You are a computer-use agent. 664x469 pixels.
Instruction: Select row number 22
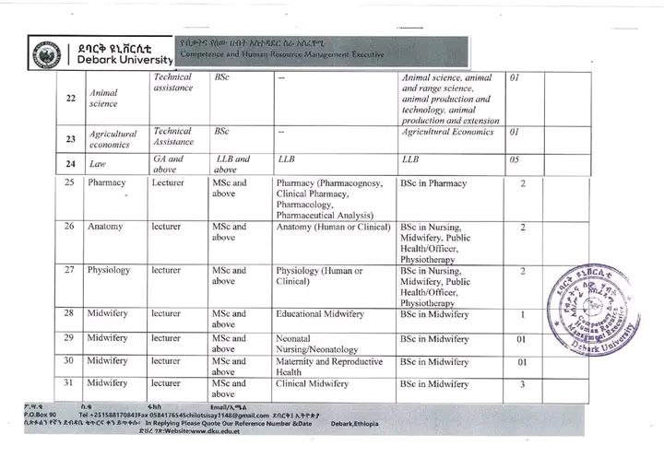pos(70,99)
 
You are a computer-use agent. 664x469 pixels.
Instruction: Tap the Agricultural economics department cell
pos(113,138)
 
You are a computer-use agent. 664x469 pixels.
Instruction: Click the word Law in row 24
pos(97,164)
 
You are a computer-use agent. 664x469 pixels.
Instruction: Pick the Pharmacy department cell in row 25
pos(107,183)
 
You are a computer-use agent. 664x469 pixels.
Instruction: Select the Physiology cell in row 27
pos(110,271)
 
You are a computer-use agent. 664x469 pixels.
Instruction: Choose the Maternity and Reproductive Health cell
pos(328,367)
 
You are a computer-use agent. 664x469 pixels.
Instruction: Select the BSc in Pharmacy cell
pos(440,183)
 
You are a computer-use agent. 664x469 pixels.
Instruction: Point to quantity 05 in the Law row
pos(515,160)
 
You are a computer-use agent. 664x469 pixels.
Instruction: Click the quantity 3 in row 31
pos(522,383)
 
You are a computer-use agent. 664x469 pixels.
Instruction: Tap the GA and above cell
pos(168,164)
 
